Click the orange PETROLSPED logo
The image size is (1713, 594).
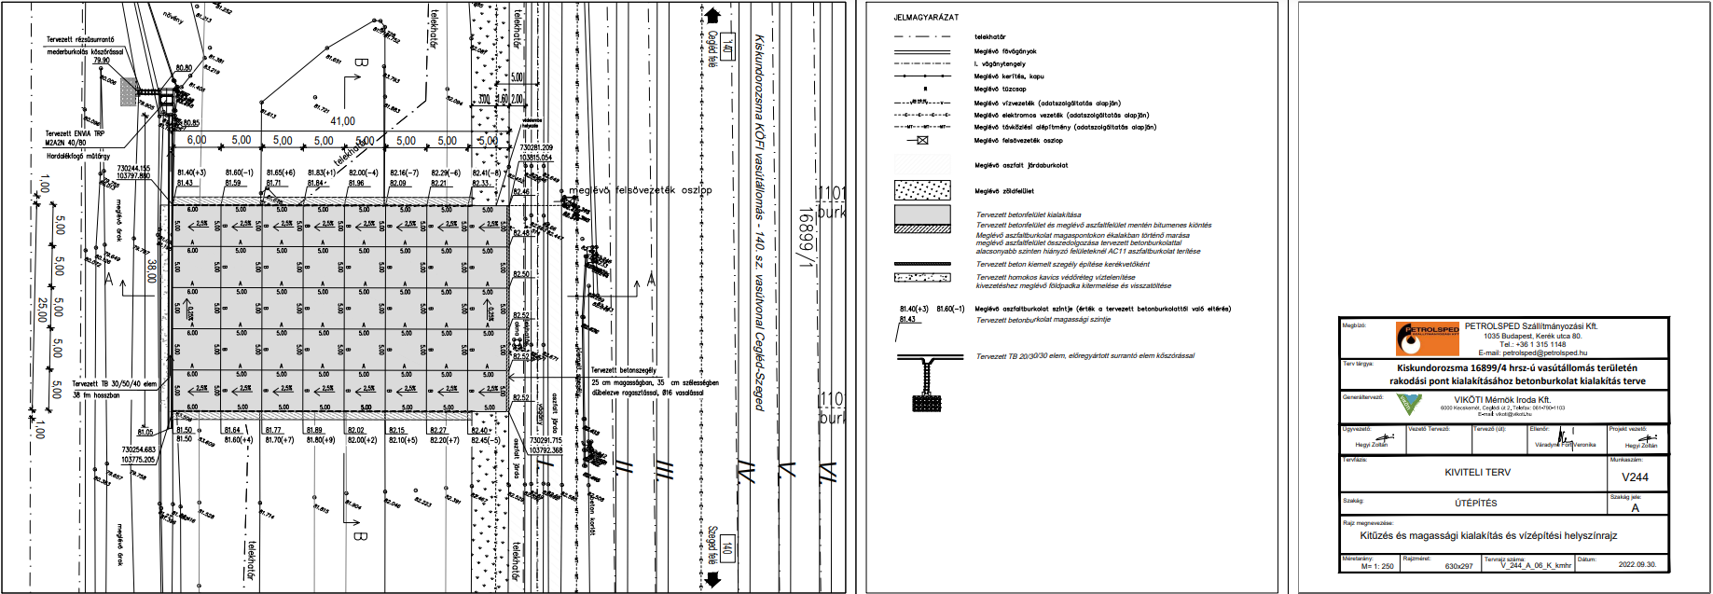(x=1427, y=338)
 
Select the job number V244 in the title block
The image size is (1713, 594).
(x=1635, y=477)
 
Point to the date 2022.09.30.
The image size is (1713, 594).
(x=1637, y=564)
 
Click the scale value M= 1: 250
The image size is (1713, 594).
(x=1377, y=566)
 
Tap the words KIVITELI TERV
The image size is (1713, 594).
(x=1477, y=472)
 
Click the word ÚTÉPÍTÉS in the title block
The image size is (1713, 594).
(x=1475, y=503)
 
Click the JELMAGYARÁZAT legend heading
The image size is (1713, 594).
(x=925, y=17)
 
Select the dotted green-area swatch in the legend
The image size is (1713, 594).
(x=922, y=190)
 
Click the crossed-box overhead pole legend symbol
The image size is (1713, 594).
(x=922, y=141)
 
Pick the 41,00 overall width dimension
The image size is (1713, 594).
(x=342, y=121)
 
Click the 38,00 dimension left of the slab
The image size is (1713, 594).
(x=151, y=270)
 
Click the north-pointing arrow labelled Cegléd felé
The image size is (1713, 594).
(x=712, y=16)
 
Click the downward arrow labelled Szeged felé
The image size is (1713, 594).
(x=713, y=578)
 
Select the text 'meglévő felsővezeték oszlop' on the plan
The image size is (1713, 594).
(x=640, y=190)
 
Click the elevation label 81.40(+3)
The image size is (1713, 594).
(x=191, y=173)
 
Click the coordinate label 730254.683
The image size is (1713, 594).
(x=138, y=449)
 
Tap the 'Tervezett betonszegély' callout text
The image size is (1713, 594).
(x=623, y=370)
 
